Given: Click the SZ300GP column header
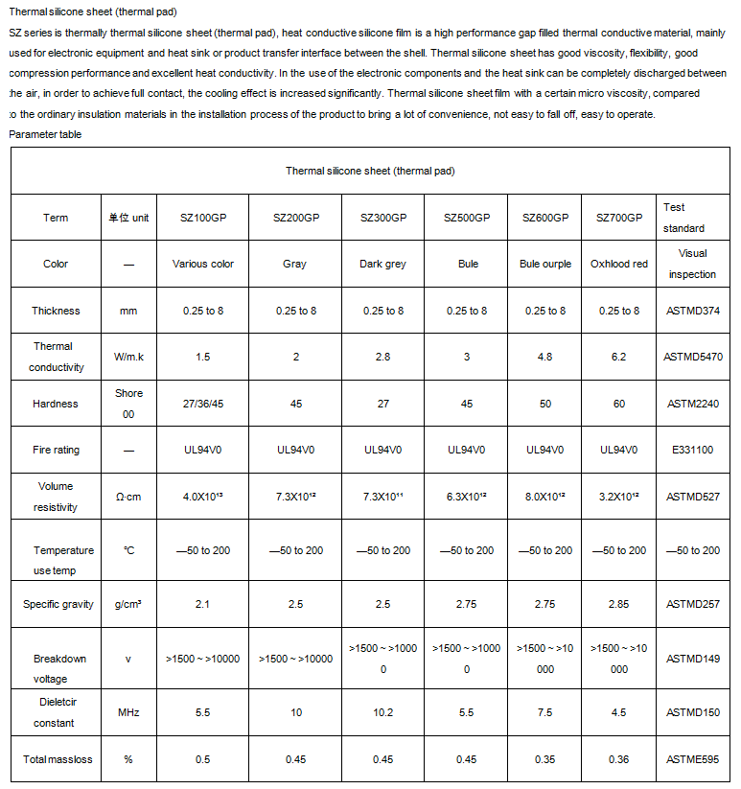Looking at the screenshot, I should tap(383, 218).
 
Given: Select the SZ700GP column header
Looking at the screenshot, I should tap(619, 218).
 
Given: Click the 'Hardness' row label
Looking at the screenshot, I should tap(56, 404).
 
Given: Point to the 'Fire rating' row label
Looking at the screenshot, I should tap(56, 450).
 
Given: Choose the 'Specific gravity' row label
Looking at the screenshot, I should tap(58, 604).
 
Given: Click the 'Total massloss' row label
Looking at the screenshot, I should tap(58, 759).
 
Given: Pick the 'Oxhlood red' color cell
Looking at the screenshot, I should tap(619, 264).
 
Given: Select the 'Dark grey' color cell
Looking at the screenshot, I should tap(383, 264).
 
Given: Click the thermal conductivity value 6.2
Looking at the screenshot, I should tap(619, 357).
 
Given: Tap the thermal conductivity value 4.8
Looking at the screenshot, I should tap(544, 357).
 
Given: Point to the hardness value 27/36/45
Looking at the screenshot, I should tap(202, 404).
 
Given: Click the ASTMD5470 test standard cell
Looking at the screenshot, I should tap(693, 357).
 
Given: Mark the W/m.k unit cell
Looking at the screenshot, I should tap(128, 357).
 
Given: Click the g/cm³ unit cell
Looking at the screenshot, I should tap(128, 604).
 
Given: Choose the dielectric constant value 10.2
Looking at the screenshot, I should tap(383, 712).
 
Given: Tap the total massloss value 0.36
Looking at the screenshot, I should tap(619, 759).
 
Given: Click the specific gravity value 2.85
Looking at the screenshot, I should tap(619, 604).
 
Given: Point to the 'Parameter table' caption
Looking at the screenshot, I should tap(45, 134).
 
